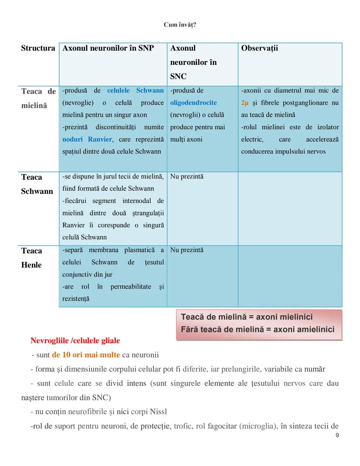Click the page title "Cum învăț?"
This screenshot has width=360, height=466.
(x=180, y=25)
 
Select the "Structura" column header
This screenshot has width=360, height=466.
(x=38, y=48)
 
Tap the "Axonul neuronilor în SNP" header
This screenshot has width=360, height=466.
(x=108, y=48)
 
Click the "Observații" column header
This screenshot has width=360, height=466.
(x=259, y=48)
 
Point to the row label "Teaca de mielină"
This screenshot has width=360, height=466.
(x=38, y=98)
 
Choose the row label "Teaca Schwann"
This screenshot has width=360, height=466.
(x=37, y=184)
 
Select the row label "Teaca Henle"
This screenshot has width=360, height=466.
(x=32, y=258)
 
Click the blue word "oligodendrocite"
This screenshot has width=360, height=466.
(x=193, y=103)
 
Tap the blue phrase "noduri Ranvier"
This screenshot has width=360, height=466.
(x=87, y=139)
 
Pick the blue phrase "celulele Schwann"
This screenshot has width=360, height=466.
(x=135, y=90)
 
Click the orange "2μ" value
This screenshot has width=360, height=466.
(x=245, y=103)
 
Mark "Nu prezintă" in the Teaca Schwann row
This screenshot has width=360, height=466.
(x=187, y=176)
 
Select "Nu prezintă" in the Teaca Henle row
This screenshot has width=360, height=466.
(x=187, y=250)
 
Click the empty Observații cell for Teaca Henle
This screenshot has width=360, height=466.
(x=290, y=276)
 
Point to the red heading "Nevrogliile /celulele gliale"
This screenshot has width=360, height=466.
(x=75, y=341)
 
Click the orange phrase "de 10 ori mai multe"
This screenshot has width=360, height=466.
(x=86, y=355)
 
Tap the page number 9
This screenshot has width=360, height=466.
(x=337, y=435)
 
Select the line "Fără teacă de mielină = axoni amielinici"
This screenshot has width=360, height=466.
(x=257, y=330)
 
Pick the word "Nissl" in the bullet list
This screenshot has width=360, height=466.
(x=158, y=412)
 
